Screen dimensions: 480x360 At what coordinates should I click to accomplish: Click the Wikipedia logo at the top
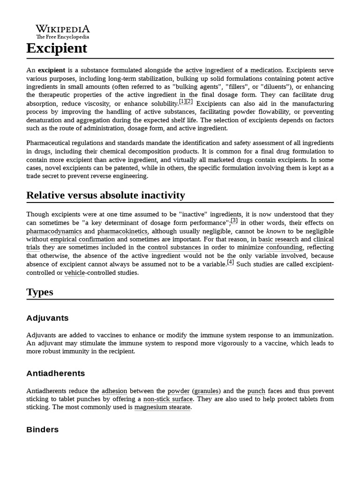pyautogui.click(x=63, y=31)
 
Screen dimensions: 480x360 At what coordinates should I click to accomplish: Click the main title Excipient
pyautogui.click(x=57, y=48)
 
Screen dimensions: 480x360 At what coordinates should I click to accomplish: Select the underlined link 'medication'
pyautogui.click(x=266, y=70)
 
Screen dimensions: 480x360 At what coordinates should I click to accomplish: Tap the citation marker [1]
pyautogui.click(x=182, y=102)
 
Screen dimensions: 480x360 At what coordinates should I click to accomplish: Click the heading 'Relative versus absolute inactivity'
pyautogui.click(x=105, y=195)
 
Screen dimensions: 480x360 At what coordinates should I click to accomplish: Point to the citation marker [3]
pyautogui.click(x=234, y=221)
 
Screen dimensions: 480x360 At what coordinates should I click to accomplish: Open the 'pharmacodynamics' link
pyautogui.click(x=54, y=231)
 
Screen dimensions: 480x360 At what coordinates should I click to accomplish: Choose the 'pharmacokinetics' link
pyautogui.click(x=123, y=231)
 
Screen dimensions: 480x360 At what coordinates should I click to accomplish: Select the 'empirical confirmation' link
pyautogui.click(x=82, y=240)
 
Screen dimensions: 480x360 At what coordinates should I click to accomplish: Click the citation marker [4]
pyautogui.click(x=231, y=262)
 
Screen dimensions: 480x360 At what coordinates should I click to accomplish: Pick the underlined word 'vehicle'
pyautogui.click(x=75, y=273)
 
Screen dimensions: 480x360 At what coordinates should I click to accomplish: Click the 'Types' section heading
pyautogui.click(x=40, y=292)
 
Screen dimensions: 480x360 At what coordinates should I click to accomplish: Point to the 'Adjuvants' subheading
pyautogui.click(x=47, y=318)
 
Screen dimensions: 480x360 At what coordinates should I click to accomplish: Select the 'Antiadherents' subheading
pyautogui.click(x=56, y=373)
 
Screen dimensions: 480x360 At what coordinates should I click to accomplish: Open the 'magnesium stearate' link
pyautogui.click(x=163, y=407)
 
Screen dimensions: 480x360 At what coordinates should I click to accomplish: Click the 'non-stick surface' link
pyautogui.click(x=168, y=399)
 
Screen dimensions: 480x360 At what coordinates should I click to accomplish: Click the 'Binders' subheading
pyautogui.click(x=43, y=429)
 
